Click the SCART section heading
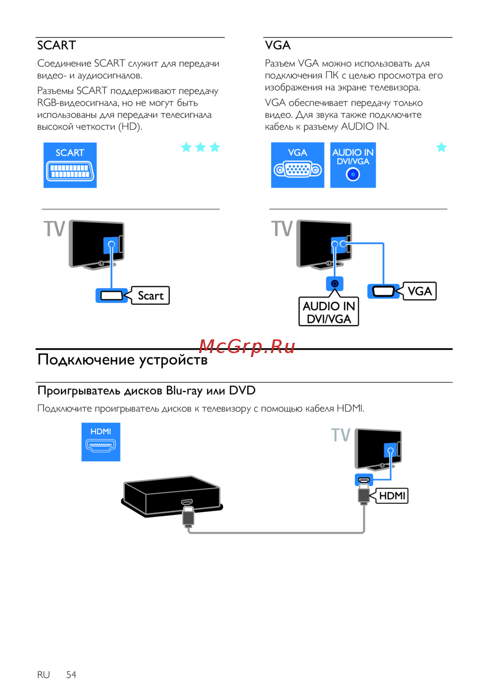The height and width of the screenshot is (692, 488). [x=57, y=45]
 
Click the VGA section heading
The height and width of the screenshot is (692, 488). [x=278, y=45]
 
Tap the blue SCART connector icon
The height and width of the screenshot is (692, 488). [x=70, y=165]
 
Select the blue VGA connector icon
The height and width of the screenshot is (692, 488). [x=298, y=165]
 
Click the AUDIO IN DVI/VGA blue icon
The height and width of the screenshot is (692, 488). [x=353, y=165]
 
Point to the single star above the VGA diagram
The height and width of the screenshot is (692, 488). [x=441, y=147]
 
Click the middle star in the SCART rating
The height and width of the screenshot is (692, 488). [x=201, y=147]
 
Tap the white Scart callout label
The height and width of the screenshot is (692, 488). [x=150, y=296]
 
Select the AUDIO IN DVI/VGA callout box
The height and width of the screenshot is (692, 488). [x=329, y=312]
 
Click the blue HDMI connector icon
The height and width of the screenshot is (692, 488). [x=101, y=442]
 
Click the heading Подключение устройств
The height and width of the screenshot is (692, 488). [x=122, y=360]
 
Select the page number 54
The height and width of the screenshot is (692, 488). [x=71, y=674]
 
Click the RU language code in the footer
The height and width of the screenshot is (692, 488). [x=43, y=674]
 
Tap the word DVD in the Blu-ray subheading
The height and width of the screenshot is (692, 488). [x=242, y=391]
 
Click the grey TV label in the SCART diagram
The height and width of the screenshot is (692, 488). [x=54, y=229]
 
